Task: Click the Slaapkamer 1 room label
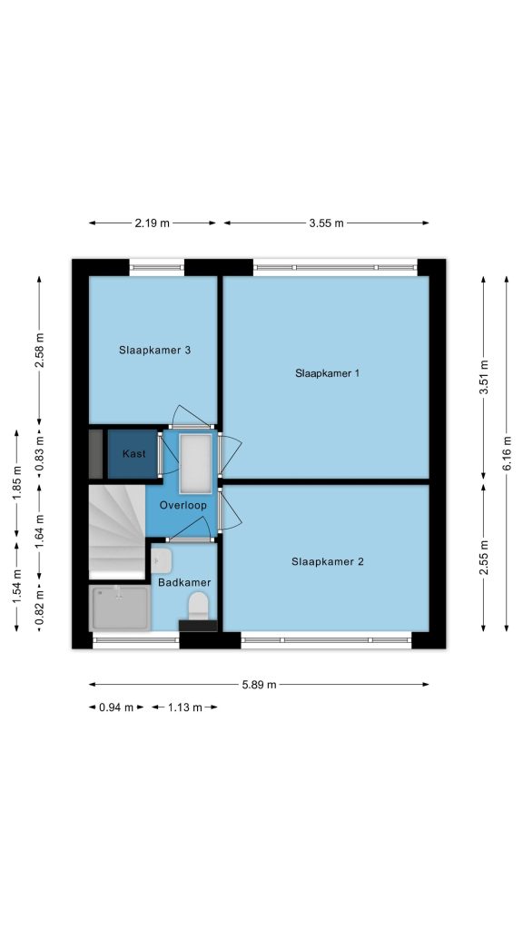[x=327, y=373]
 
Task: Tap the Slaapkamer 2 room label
[x=327, y=561]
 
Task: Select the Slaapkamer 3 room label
[x=154, y=350]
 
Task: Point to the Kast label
[x=134, y=454]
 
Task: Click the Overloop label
[x=183, y=505]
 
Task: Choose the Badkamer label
[x=184, y=582]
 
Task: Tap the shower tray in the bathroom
[x=120, y=608]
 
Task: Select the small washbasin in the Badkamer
[x=161, y=560]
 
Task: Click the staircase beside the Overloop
[x=117, y=531]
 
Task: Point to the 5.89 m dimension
[x=259, y=685]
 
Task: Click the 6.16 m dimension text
[x=507, y=453]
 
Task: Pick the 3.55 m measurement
[x=326, y=223]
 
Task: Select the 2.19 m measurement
[x=153, y=223]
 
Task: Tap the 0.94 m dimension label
[x=116, y=707]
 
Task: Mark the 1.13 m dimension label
[x=184, y=707]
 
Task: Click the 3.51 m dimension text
[x=483, y=377]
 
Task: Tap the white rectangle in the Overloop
[x=195, y=463]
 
